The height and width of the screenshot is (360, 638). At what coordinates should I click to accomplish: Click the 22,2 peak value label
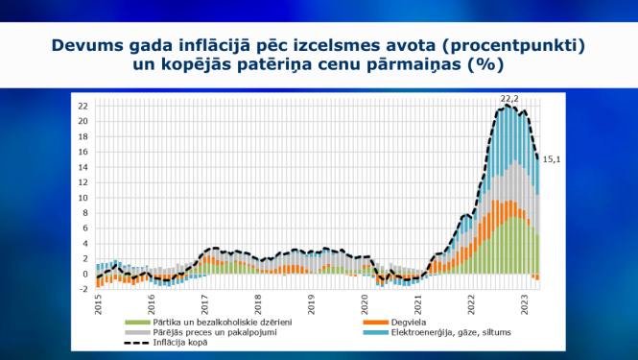[x=509, y=99]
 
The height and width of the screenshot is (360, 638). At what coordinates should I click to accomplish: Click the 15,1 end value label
[x=552, y=159]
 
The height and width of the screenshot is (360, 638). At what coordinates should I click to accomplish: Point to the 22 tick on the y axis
[x=83, y=106]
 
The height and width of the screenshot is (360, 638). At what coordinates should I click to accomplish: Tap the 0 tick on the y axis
[x=85, y=274]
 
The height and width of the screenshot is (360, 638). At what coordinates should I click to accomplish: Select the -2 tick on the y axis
[x=83, y=289]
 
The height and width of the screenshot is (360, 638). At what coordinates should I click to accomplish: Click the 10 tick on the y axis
[x=83, y=198]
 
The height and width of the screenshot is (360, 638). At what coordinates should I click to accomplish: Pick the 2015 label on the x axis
[x=99, y=304]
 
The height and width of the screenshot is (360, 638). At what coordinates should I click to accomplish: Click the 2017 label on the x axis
[x=205, y=304]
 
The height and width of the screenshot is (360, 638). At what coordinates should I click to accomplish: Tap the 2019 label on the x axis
[x=312, y=304]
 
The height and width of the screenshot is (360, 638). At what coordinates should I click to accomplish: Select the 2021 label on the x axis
[x=418, y=304]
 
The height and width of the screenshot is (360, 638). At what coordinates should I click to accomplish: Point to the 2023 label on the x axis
[x=524, y=304]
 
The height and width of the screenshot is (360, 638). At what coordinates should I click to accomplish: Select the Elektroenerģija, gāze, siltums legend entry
[x=437, y=332]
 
